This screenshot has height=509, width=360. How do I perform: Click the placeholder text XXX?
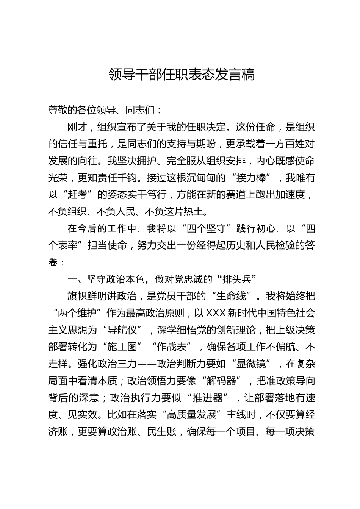[x=216, y=313]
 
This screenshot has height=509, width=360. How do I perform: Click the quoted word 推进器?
[x=207, y=398]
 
